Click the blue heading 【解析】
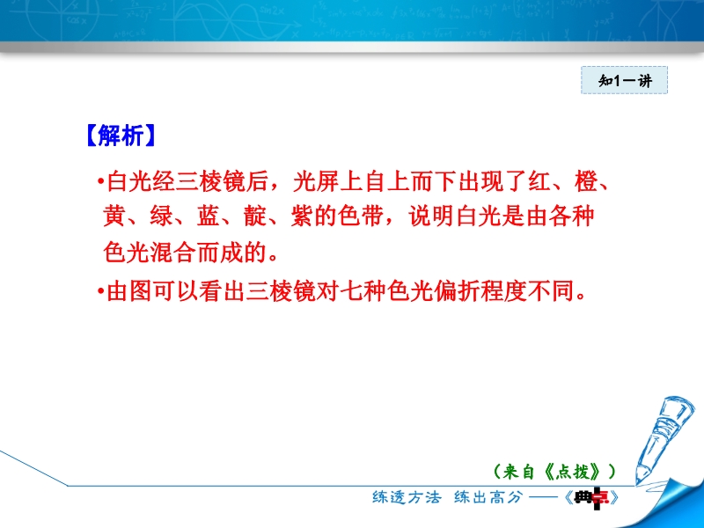pyautogui.click(x=121, y=136)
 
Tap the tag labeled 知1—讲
pyautogui.click(x=625, y=80)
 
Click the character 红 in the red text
pyautogui.click(x=540, y=181)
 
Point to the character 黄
pyautogui.click(x=115, y=216)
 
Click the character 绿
pyautogui.click(x=162, y=216)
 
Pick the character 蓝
pyautogui.click(x=209, y=216)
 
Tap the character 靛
pyautogui.click(x=255, y=216)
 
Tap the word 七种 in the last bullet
pyautogui.click(x=363, y=291)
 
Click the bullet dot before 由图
pyautogui.click(x=100, y=292)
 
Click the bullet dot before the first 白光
pyautogui.click(x=100, y=182)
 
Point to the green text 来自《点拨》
pyautogui.click(x=555, y=472)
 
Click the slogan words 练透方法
pyautogui.click(x=407, y=497)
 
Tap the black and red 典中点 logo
pyautogui.click(x=592, y=497)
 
